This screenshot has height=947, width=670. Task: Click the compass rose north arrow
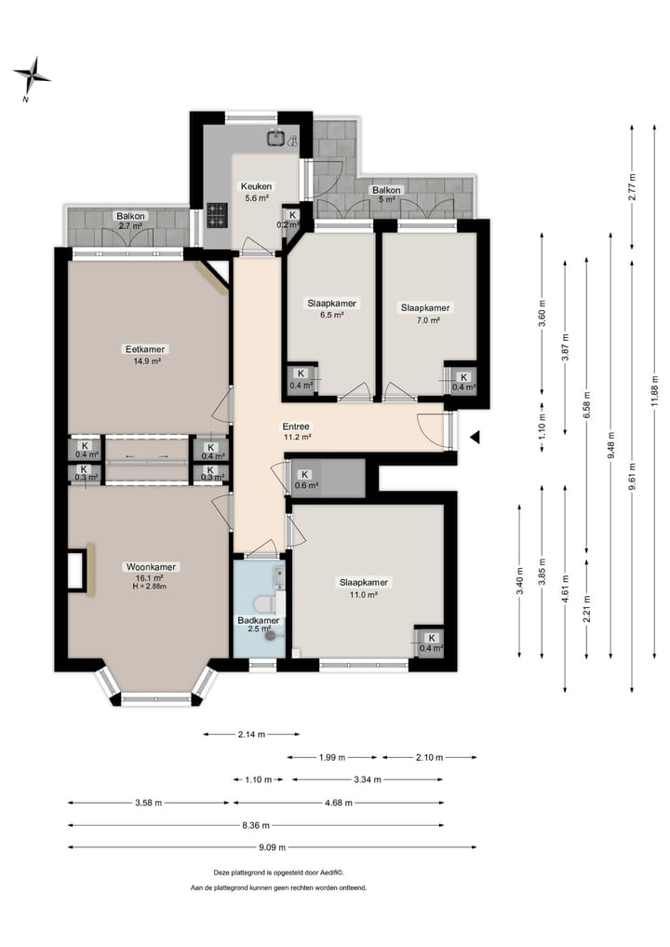coord(32,77)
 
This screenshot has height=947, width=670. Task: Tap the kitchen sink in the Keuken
coord(276,138)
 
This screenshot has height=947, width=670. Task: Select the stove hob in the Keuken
coord(218,215)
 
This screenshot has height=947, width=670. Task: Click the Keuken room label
coord(256,186)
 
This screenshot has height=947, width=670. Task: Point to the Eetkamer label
coord(145,349)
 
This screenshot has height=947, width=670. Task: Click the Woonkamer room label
coord(151,567)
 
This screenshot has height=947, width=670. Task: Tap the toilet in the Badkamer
coord(265,604)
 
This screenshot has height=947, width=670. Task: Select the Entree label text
coord(296,426)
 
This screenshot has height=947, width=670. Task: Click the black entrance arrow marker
coord(475,437)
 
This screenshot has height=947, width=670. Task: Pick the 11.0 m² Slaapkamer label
coord(363,583)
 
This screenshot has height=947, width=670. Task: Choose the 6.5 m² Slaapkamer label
coord(331,304)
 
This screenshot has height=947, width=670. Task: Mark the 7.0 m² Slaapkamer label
coord(425,308)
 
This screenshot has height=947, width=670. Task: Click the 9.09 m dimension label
coord(273,847)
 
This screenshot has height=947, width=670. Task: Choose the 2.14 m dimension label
coord(251,735)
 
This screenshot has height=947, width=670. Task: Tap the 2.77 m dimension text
coord(632,187)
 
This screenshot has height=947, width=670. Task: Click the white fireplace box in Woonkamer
coord(75,570)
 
